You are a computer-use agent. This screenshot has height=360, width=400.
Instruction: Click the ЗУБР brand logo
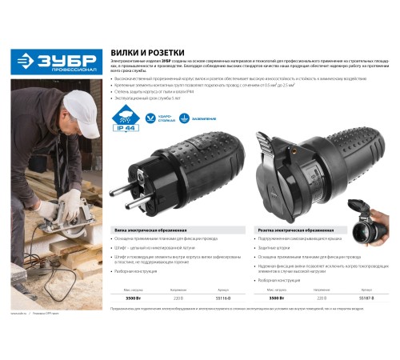(57, 61)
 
